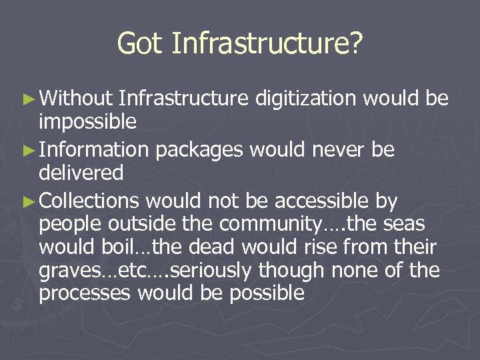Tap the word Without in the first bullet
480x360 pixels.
click(75, 99)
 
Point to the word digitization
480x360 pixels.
click(306, 99)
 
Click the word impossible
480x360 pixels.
click(88, 122)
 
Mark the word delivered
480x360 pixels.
click(81, 173)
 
